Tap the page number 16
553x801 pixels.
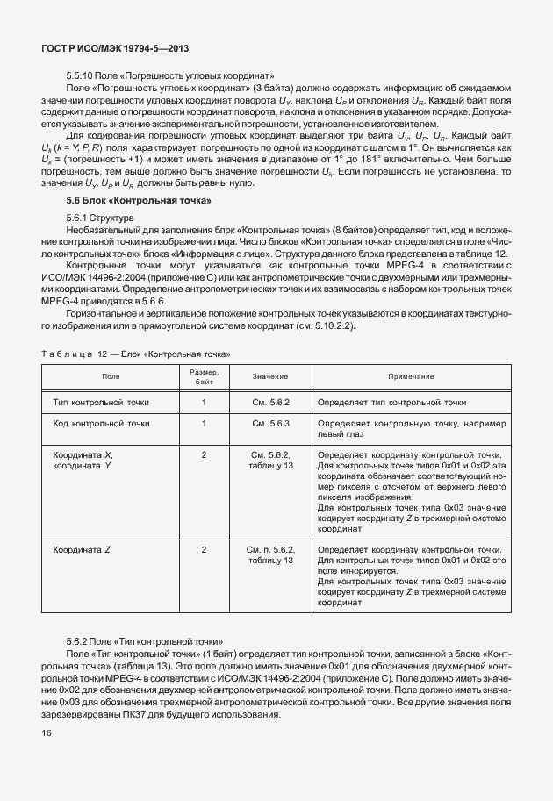[46, 733]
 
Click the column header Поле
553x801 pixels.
[111, 375]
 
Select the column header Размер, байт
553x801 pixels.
[204, 375]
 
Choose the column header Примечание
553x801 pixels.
[411, 375]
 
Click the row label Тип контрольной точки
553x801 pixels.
[101, 402]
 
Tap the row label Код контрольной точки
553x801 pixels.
[101, 423]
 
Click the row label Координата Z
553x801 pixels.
[83, 549]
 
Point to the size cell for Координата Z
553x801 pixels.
[204, 549]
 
